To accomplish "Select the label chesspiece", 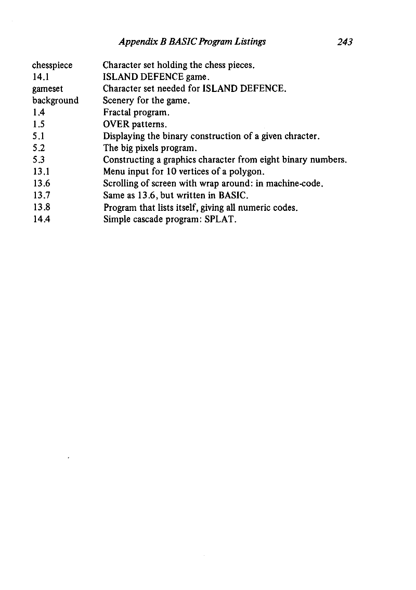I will (53, 65).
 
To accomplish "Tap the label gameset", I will (48, 89).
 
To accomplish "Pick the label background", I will (55, 100).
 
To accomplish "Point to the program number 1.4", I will (37, 112).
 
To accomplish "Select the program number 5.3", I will (37, 159).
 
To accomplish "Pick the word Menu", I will (114, 171).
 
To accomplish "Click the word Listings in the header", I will (248, 43).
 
